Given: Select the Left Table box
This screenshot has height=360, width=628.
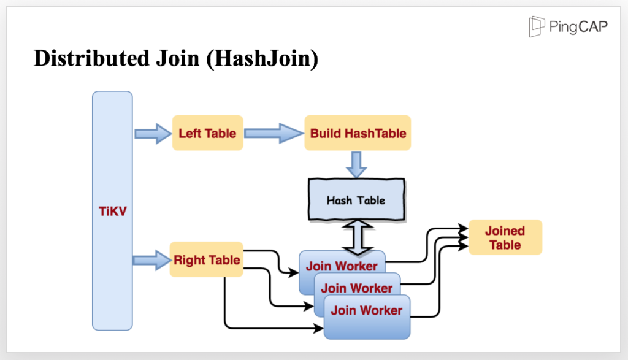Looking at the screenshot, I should pos(207,133).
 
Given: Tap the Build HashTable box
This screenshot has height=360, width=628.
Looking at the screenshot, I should pos(358,133).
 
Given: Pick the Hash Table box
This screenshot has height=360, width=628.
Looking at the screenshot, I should pos(356,200).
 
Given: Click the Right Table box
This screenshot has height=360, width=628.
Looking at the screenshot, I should pos(207,259).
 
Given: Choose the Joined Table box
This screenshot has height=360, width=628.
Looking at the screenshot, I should pos(505,237).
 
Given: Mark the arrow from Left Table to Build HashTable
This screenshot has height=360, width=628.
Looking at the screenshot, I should pos(274,133).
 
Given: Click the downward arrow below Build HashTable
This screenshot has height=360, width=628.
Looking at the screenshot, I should pos(357,164).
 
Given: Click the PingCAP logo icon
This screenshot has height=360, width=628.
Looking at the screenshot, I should pos(537,26).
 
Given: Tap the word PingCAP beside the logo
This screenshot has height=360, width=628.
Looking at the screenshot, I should pos(580,27).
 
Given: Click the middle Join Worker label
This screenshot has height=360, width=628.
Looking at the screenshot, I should pos(356,288).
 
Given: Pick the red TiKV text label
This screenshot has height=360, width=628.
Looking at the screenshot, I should pos(112,211).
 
